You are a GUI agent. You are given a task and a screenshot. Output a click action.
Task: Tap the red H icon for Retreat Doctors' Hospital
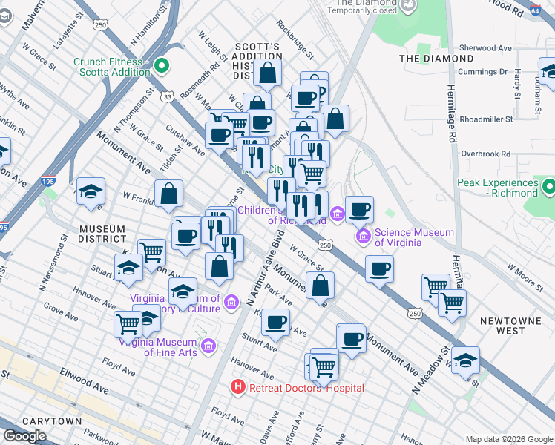coord(237,387)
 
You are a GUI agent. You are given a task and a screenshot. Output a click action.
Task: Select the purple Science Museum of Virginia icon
coord(363,237)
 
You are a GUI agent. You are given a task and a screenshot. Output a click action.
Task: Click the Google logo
coord(24,436)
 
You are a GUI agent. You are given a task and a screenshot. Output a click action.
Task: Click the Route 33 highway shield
coord(168,96)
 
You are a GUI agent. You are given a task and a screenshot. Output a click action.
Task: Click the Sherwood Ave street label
coord(486,48)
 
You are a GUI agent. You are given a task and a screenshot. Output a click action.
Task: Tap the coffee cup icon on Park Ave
coord(276,322)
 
